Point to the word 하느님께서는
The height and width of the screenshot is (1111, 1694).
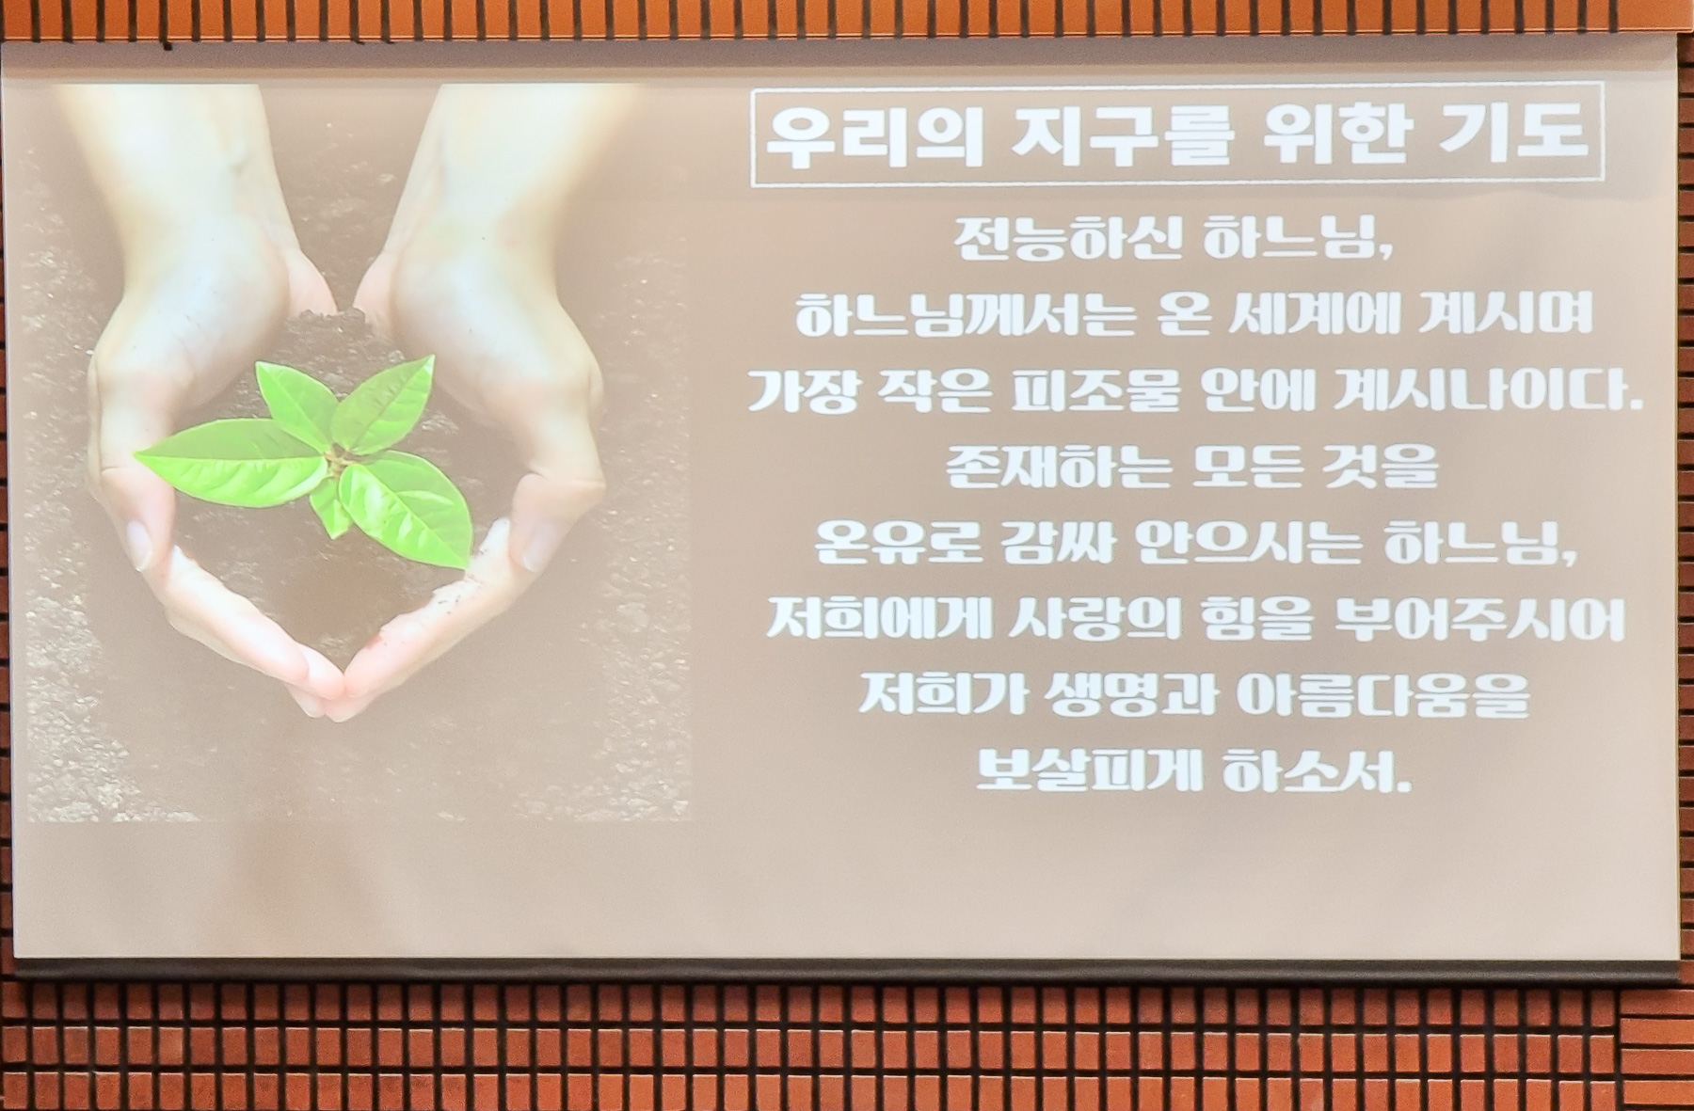952,317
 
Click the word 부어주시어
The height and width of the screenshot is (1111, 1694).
1480,621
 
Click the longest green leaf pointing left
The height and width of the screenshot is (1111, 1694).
231,462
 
